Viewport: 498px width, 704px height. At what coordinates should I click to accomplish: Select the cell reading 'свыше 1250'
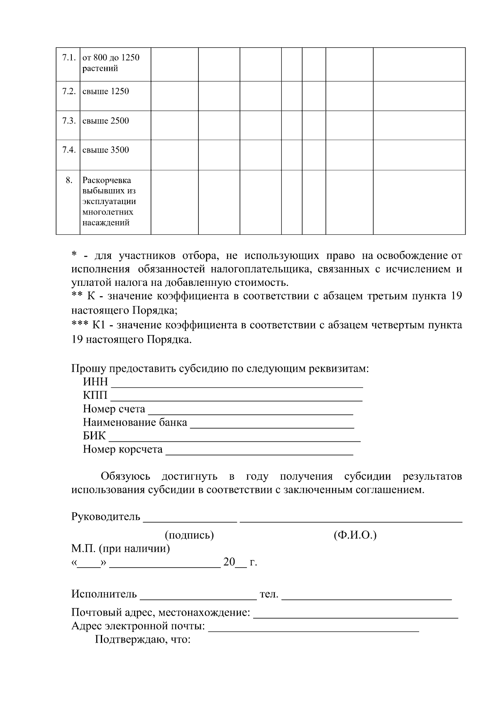[x=106, y=92]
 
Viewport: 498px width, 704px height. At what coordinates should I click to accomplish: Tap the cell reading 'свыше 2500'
[x=106, y=121]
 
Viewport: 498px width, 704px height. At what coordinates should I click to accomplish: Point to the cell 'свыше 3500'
[x=106, y=150]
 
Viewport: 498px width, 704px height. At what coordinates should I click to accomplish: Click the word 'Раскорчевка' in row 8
[x=107, y=180]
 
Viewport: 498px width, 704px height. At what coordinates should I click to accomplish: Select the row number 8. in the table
[x=69, y=180]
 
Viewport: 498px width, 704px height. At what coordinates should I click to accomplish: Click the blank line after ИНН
[x=237, y=384]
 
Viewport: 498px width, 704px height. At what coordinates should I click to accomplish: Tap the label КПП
[x=95, y=395]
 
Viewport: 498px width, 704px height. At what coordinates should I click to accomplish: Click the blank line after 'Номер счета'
[x=250, y=411]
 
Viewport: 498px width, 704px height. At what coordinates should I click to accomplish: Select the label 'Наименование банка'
[x=135, y=423]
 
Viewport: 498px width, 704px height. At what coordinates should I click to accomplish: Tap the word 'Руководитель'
[x=106, y=517]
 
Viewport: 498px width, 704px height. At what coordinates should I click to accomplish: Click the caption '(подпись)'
[x=189, y=535]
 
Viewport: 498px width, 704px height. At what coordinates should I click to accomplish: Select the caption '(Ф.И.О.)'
[x=355, y=535]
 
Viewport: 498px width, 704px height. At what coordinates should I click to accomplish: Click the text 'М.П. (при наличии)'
[x=120, y=549]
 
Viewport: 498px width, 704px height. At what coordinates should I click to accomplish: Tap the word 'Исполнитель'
[x=104, y=594]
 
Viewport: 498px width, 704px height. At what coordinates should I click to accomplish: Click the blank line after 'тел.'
[x=367, y=597]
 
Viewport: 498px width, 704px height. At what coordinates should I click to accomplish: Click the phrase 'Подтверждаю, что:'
[x=143, y=639]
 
